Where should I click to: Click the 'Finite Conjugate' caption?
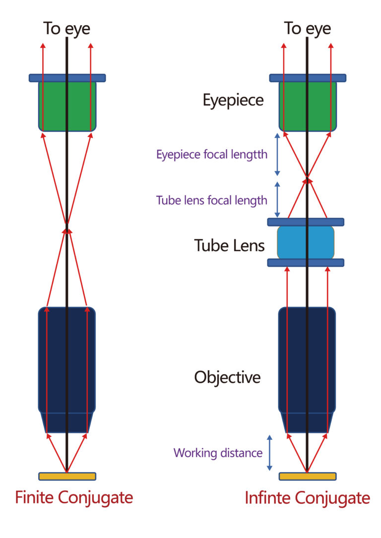coord(74,497)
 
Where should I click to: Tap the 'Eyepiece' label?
coord(233,101)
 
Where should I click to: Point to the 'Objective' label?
coord(227,377)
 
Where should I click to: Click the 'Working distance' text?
coord(218,453)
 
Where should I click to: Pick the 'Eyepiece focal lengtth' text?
coord(212,154)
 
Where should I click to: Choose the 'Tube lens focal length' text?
coord(212,200)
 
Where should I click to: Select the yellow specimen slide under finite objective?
coord(67,476)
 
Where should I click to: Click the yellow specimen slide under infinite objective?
coord(308,476)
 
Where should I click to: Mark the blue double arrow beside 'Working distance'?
coord(269,453)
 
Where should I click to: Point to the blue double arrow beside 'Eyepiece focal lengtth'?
coord(277,154)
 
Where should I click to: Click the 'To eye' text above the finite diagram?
coord(66,29)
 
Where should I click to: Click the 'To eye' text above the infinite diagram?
coord(307,29)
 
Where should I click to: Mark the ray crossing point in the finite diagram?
coord(67,228)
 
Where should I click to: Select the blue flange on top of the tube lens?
coord(306,222)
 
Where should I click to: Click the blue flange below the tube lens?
coord(306,263)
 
